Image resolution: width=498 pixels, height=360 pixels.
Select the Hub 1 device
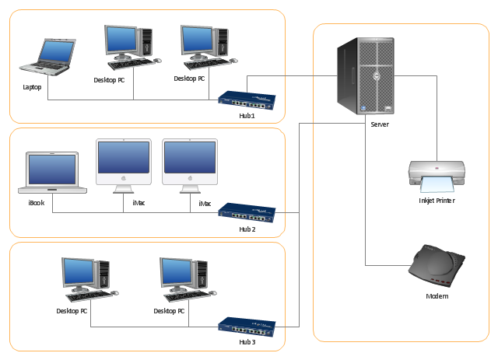click(247, 100)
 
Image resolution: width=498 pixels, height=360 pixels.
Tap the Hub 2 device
click(247, 211)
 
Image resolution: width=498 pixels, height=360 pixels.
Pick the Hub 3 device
click(247, 326)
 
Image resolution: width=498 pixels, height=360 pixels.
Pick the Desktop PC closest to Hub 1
click(205, 44)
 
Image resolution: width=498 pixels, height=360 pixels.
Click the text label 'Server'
click(380, 124)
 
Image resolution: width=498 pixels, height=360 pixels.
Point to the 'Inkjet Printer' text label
click(436, 201)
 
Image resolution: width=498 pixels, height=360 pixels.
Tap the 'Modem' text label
click(437, 296)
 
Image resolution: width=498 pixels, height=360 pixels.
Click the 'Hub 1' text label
click(247, 116)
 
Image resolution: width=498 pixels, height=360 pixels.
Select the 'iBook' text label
click(37, 203)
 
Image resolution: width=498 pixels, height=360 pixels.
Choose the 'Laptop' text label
click(32, 87)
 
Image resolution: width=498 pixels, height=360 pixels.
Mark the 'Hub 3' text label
click(247, 342)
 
